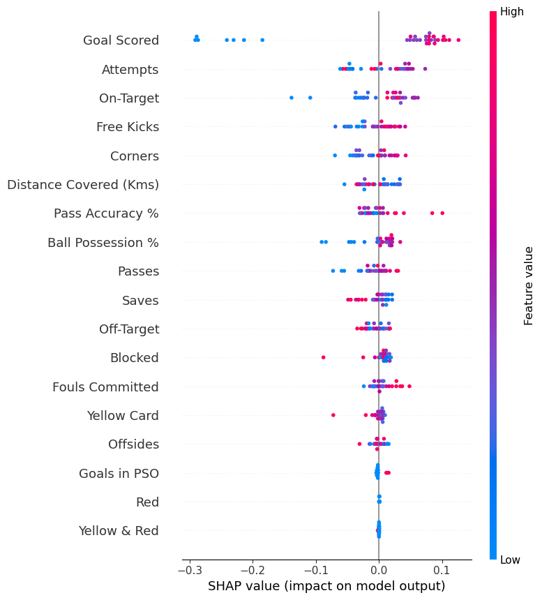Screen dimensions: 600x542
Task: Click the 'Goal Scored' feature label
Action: (x=121, y=40)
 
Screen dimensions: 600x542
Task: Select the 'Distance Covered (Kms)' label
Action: (x=83, y=185)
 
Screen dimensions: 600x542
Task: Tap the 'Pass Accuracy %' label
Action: (x=106, y=213)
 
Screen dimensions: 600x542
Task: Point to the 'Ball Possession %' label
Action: (x=103, y=243)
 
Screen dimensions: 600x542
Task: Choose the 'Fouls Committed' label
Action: (x=105, y=387)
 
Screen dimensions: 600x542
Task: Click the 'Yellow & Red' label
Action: (x=119, y=531)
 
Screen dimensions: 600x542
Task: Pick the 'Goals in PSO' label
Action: (x=119, y=473)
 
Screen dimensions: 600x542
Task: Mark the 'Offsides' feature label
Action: (x=133, y=444)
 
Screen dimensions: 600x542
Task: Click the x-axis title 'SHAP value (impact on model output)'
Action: (x=326, y=586)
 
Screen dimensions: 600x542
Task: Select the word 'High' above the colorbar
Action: (x=512, y=12)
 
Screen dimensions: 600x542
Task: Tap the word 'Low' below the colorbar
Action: (x=511, y=560)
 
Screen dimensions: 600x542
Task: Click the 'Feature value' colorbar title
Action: (x=529, y=285)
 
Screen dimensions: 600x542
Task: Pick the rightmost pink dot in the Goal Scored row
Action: (x=458, y=40)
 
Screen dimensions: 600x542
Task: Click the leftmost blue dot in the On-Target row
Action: (x=292, y=98)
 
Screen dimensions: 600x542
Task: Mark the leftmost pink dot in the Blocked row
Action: (x=323, y=357)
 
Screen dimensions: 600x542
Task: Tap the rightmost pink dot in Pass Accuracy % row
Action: (x=442, y=213)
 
